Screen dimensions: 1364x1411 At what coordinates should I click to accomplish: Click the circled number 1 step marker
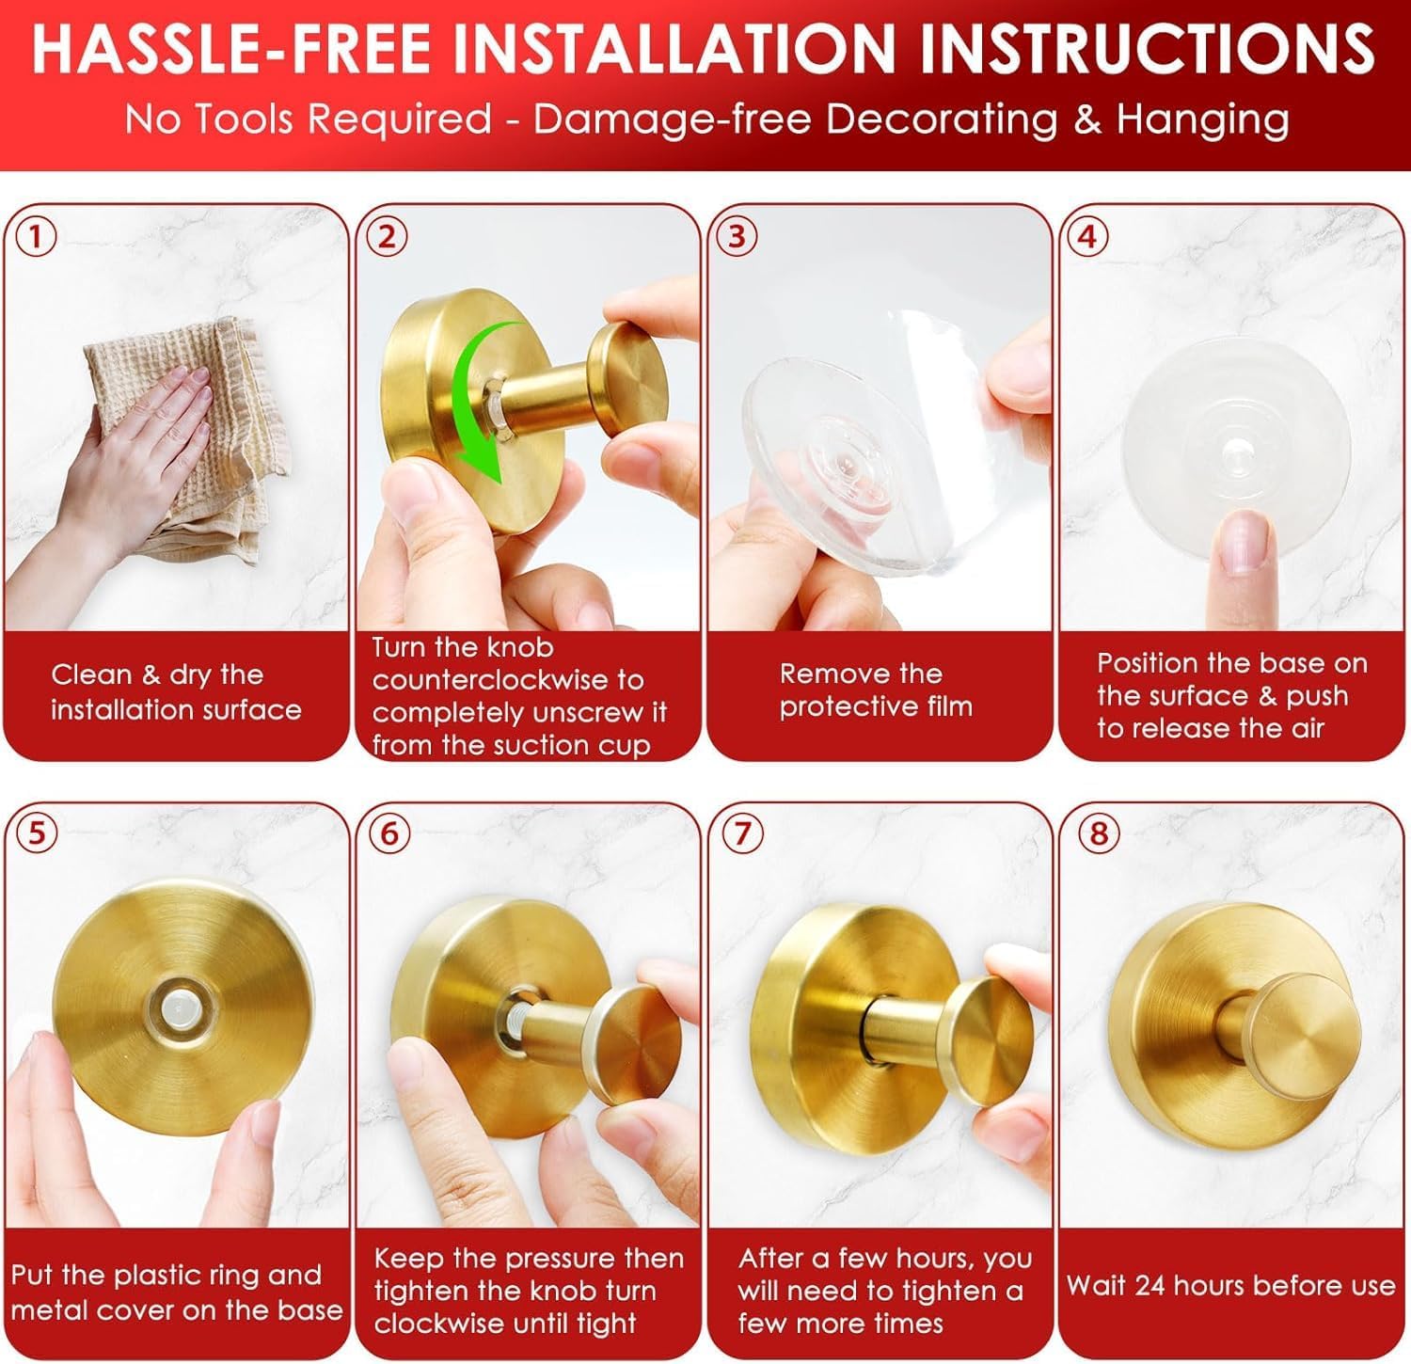[x=37, y=236]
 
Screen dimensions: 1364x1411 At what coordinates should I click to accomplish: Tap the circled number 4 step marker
[x=1087, y=236]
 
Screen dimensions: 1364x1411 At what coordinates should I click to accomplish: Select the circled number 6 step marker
[x=389, y=833]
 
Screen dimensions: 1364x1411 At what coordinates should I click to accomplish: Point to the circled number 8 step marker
[x=1098, y=833]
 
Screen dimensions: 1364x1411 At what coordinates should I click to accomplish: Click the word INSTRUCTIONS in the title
[x=1148, y=48]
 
